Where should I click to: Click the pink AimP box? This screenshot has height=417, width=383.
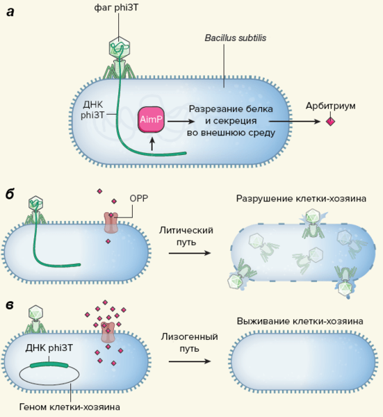point(151,120)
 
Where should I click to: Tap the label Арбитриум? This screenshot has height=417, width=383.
point(330,106)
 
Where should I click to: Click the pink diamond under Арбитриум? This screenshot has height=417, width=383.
point(330,122)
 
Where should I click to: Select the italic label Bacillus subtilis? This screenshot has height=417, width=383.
point(236,38)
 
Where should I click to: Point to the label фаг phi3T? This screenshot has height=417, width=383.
point(116,8)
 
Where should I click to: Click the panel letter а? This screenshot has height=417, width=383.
point(10,13)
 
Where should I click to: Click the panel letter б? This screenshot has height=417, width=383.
point(10,194)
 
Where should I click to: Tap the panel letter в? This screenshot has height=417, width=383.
point(10,305)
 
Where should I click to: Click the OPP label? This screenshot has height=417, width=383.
point(139,198)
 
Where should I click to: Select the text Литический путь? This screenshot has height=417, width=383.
point(186,236)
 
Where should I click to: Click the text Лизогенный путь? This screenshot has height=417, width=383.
point(189,343)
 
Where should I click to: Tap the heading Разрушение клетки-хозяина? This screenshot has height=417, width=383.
point(301,199)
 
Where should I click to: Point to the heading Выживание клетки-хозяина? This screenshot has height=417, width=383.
point(300,321)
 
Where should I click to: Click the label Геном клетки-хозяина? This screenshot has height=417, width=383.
point(70,407)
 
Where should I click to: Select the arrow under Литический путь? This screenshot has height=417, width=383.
point(190,253)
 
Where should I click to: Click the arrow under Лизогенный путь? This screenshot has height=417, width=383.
point(190,361)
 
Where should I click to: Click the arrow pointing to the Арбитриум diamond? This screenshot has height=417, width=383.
point(295,122)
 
